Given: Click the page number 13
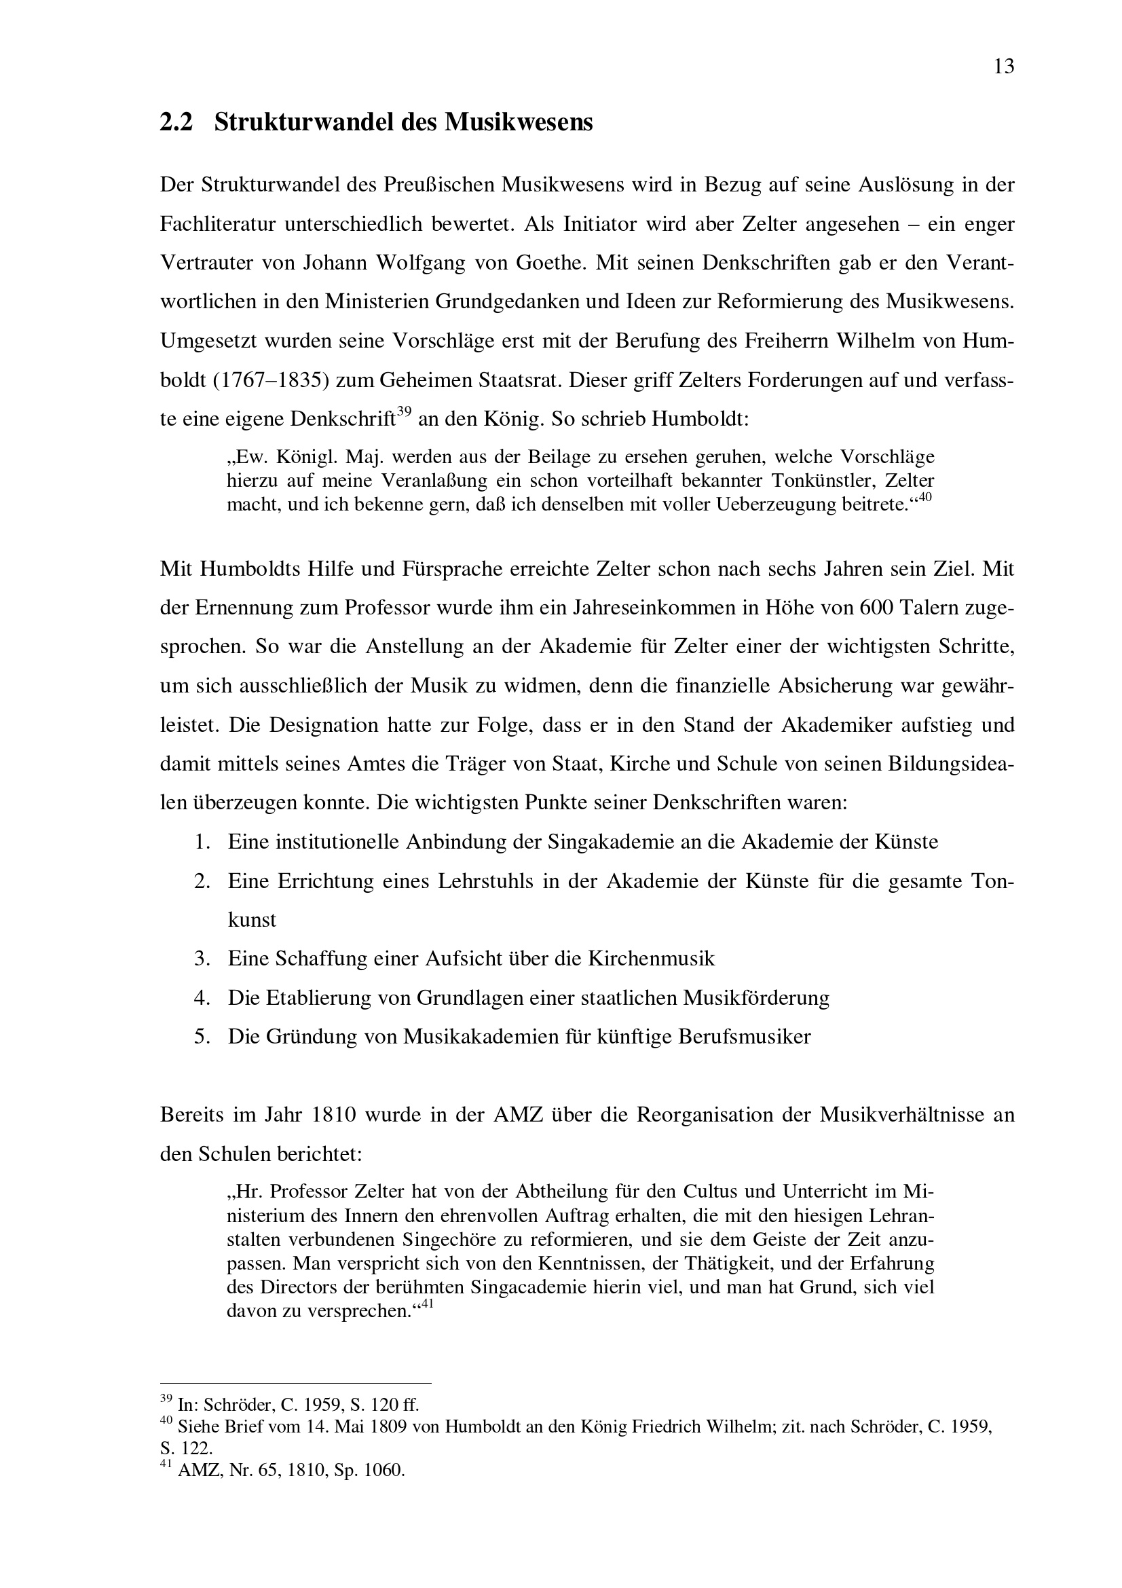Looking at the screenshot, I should (1004, 67).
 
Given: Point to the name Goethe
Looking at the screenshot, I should (552, 263).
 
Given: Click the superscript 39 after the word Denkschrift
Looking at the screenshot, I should (405, 413).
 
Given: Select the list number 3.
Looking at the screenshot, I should (201, 959).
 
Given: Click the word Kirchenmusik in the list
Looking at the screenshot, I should (651, 959).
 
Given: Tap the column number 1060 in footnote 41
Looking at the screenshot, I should (387, 1471).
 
